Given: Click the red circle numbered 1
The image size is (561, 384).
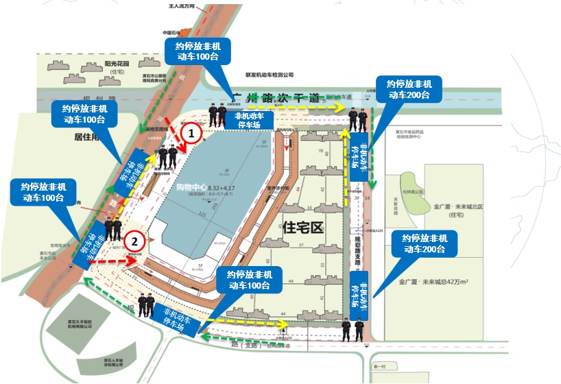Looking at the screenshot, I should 192,130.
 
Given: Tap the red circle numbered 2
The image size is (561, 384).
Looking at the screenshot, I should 136,241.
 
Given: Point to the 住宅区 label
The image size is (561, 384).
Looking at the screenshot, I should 302,228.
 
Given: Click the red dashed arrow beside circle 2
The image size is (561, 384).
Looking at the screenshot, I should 110,262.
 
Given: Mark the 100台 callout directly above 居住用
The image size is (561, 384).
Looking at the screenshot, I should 85,114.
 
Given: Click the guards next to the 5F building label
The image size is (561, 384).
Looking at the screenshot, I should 147,304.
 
